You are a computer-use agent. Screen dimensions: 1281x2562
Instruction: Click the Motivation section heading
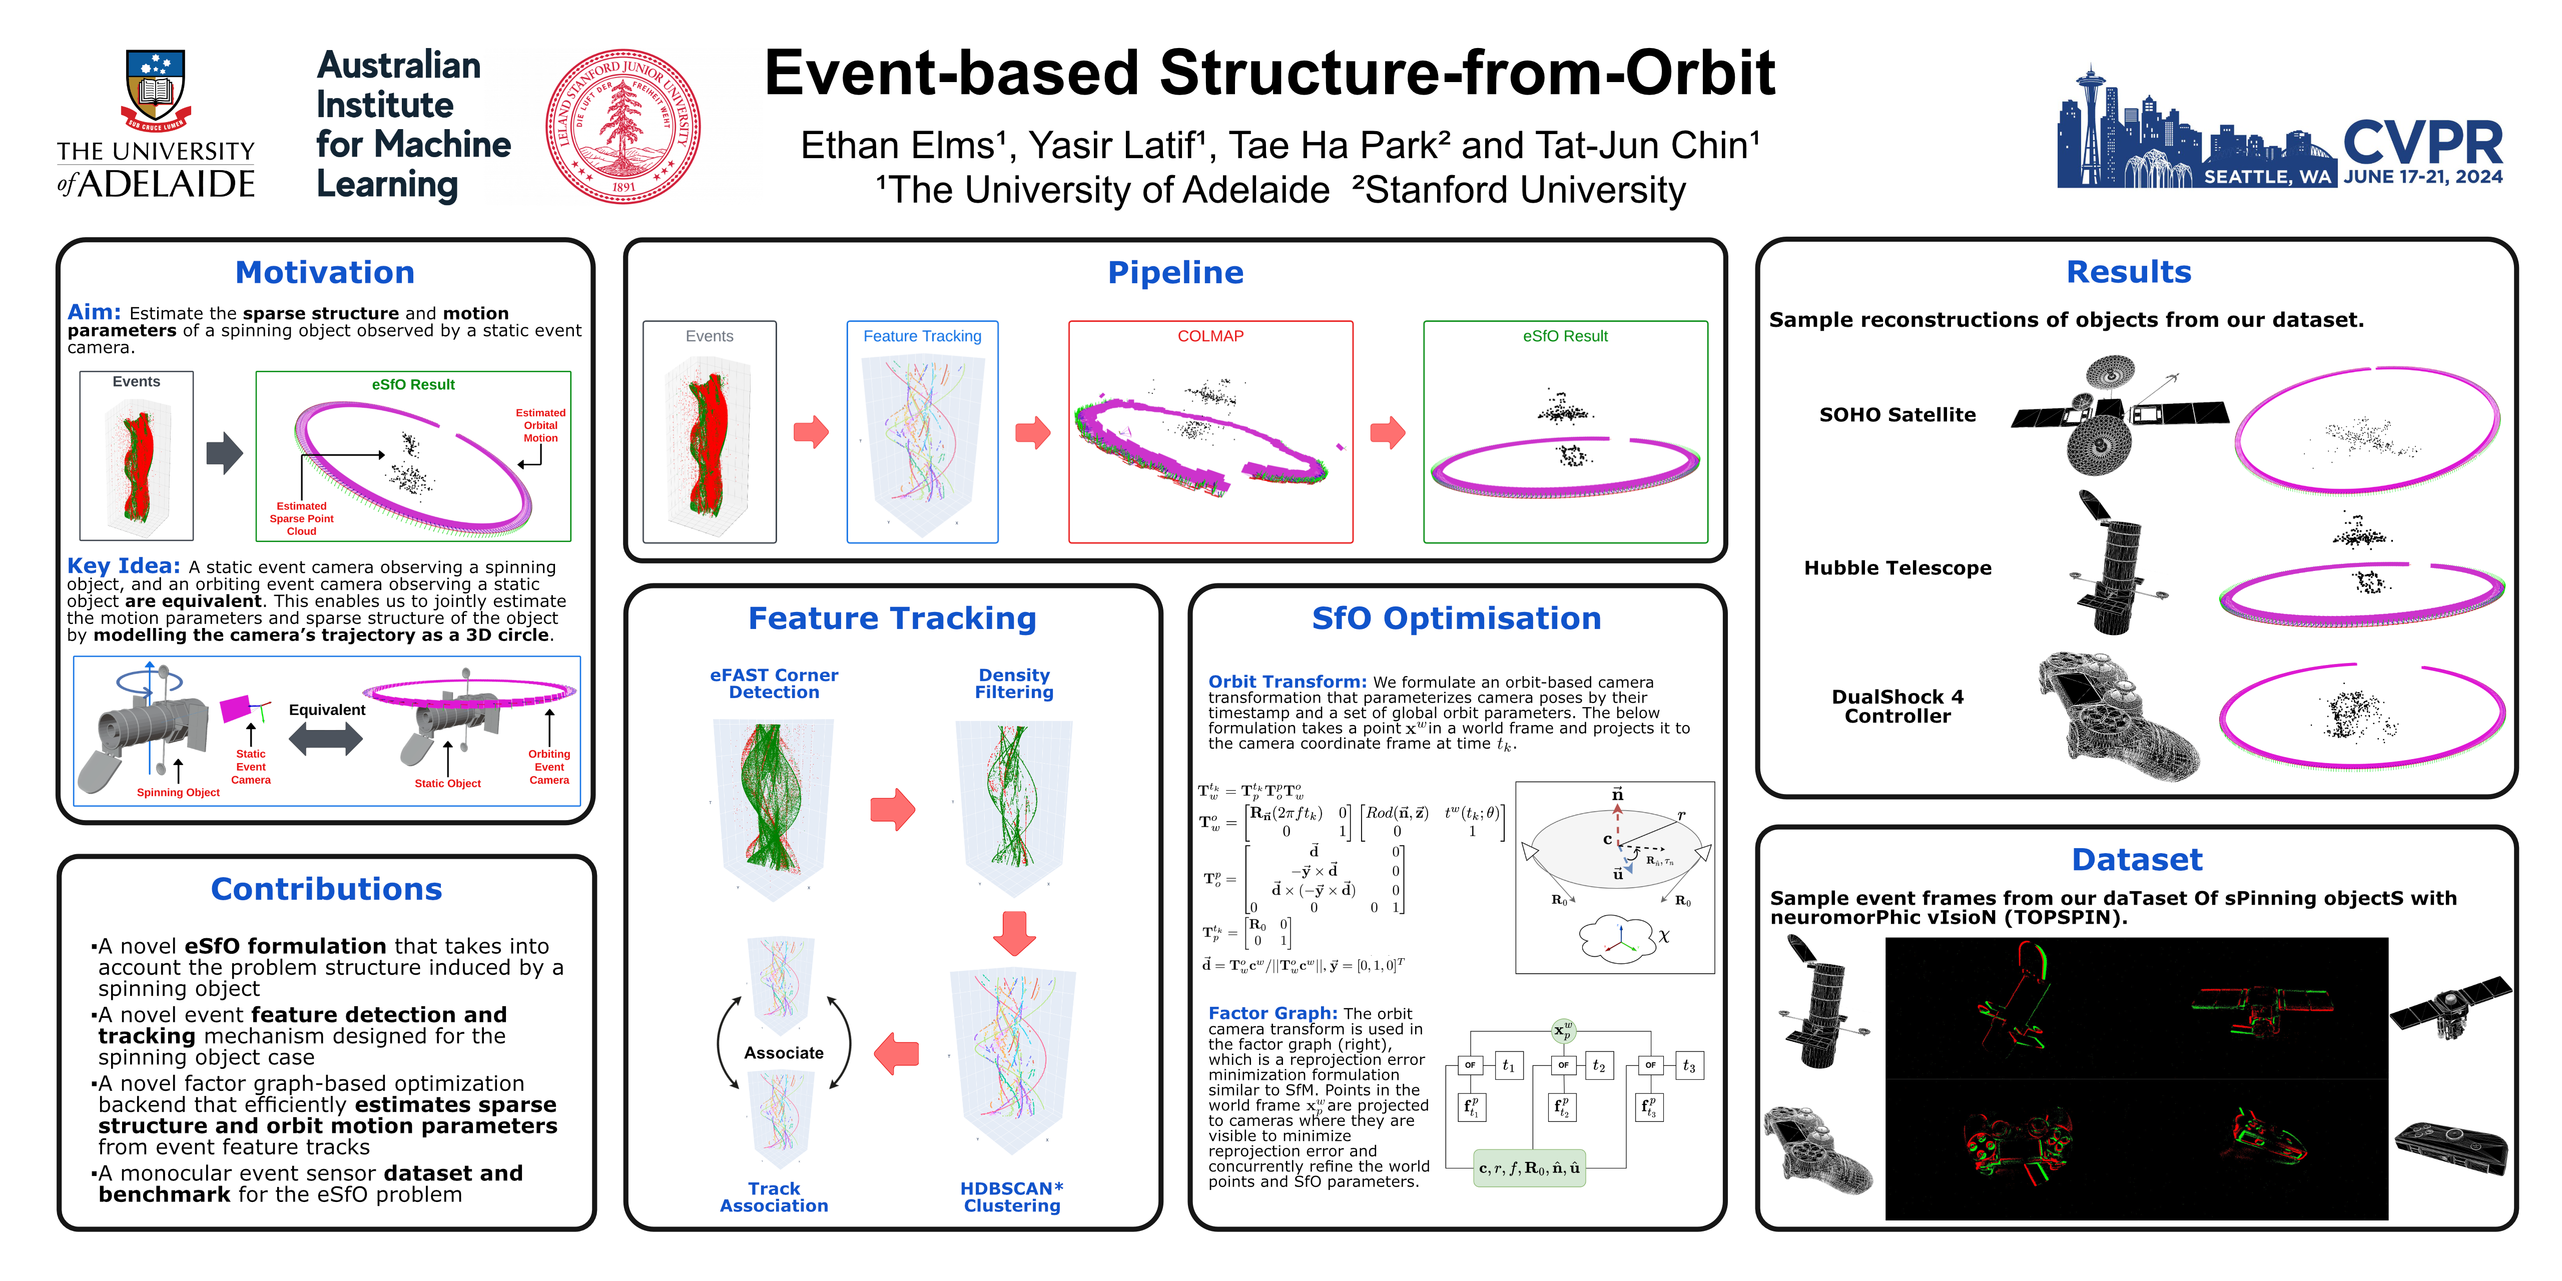pos(325,273)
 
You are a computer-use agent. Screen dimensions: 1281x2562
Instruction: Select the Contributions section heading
pos(326,889)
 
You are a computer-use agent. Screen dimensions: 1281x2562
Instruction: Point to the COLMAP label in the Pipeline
pos(1210,336)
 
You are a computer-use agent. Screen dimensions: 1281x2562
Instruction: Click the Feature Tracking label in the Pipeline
pos(922,336)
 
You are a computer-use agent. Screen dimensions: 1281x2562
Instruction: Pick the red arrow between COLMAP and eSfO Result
pos(1388,433)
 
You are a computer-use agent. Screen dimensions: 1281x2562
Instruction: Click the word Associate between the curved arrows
pos(784,1052)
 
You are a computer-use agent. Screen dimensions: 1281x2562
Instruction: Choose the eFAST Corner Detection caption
pos(774,683)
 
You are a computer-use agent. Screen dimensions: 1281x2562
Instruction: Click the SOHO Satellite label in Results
pos(1896,415)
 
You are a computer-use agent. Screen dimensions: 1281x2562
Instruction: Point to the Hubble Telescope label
pos(1896,568)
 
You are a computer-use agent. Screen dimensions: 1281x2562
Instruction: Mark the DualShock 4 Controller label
pos(1896,706)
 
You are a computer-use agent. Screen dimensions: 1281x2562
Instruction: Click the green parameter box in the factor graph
pos(1529,1168)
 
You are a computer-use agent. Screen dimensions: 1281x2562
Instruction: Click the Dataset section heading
pos(2136,859)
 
